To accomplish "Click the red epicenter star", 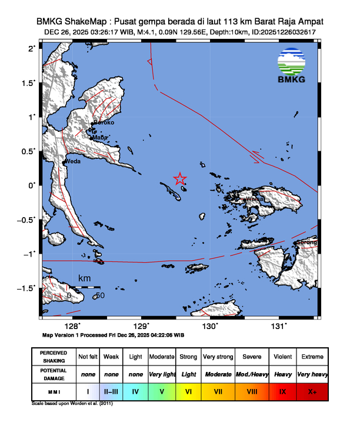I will click(x=180, y=179).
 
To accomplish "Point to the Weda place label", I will click(x=72, y=161).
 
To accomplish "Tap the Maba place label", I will click(x=99, y=138).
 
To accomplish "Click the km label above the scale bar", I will click(x=85, y=278).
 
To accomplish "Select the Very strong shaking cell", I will click(x=217, y=357).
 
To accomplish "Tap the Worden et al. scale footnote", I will click(x=71, y=404).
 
